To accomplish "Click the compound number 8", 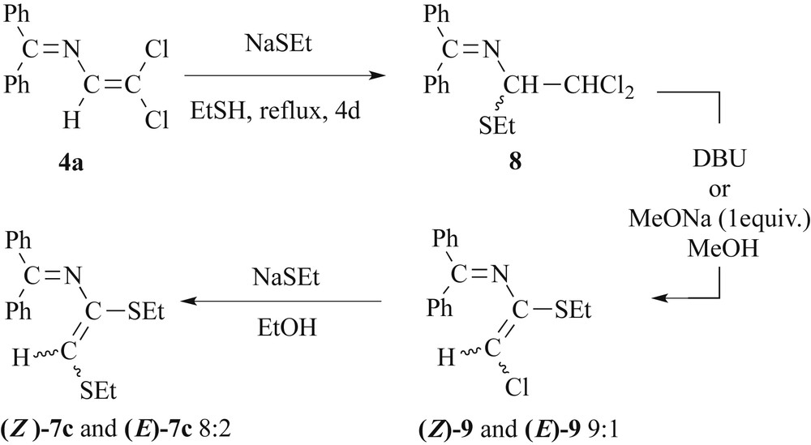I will pyautogui.click(x=517, y=163).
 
